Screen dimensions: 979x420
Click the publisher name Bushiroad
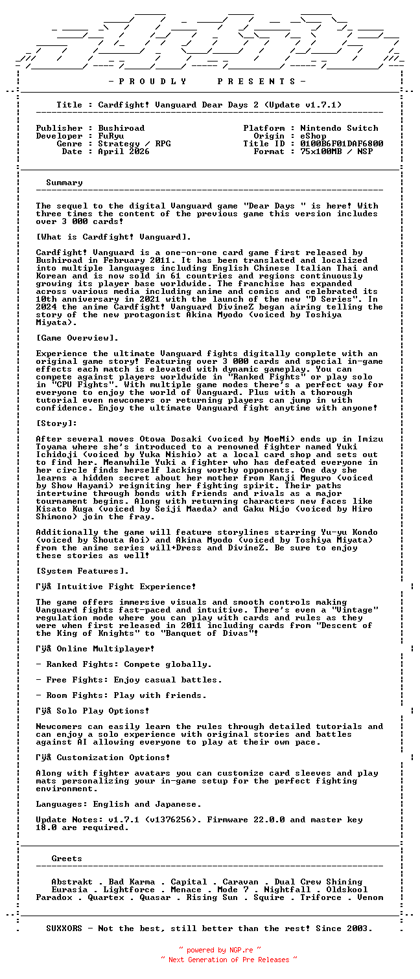point(121,128)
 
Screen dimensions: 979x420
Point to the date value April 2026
point(124,152)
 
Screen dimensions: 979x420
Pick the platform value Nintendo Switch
point(339,128)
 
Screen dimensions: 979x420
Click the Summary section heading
point(64,183)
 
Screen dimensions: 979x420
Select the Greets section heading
point(67,859)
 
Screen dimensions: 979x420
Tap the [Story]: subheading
point(56,423)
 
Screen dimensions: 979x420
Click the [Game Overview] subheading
point(77,338)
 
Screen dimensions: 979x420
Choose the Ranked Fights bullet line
point(124,664)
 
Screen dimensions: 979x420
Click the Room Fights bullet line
point(121,695)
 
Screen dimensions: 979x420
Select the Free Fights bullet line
point(129,680)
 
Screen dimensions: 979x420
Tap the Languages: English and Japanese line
point(119,804)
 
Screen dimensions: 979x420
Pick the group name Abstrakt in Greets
point(72,882)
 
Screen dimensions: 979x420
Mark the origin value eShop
point(313,136)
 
